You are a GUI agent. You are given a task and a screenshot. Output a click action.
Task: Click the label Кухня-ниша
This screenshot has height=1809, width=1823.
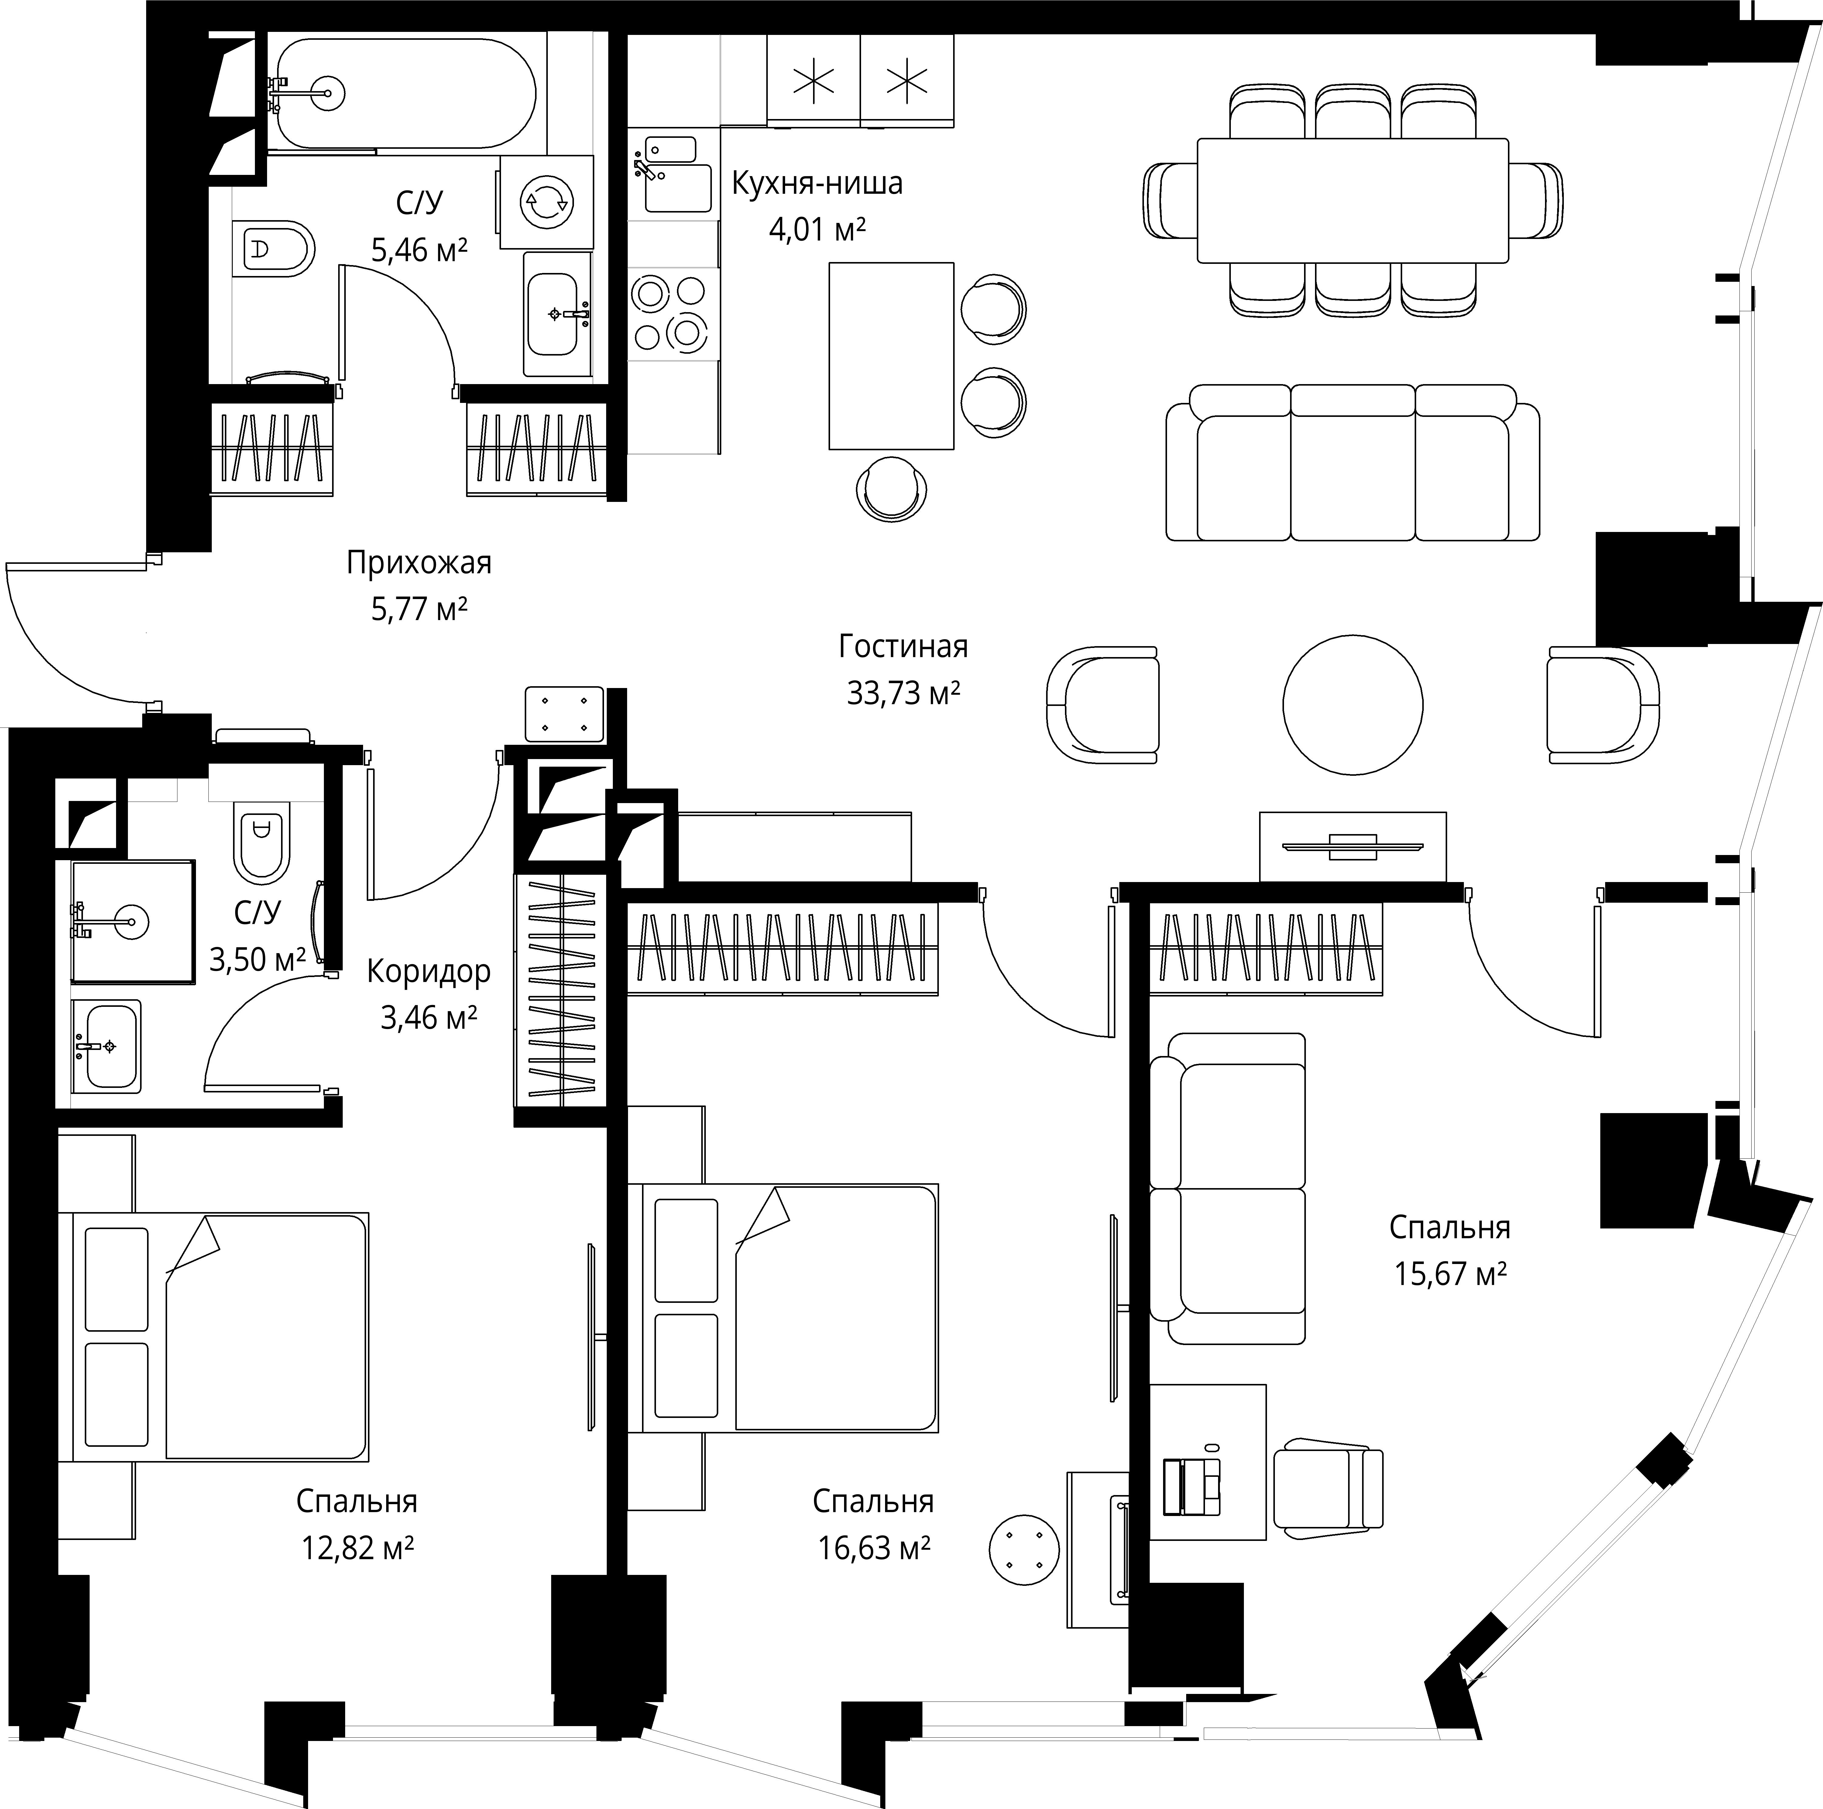(x=817, y=183)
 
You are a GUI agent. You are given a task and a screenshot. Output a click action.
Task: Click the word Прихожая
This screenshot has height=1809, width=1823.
(x=419, y=563)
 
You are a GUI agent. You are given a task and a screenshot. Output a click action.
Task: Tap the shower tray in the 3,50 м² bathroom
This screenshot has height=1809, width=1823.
(x=132, y=922)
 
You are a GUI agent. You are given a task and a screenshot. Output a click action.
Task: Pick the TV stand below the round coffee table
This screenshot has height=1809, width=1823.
(x=1352, y=846)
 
